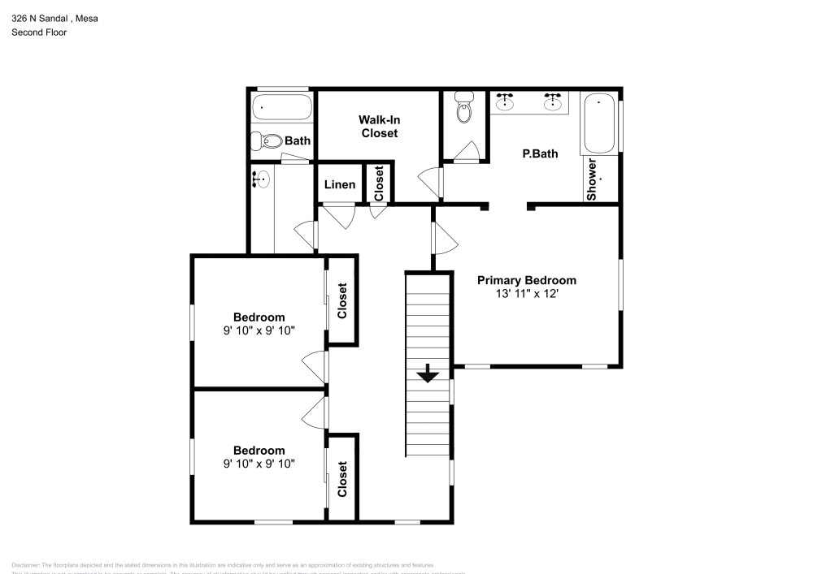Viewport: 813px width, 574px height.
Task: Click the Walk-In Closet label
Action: click(379, 126)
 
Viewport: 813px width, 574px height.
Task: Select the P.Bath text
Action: click(539, 153)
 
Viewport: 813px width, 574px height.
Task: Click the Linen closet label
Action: click(339, 184)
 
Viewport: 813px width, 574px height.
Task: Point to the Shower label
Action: click(593, 179)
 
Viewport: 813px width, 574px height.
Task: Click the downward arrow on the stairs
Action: click(428, 374)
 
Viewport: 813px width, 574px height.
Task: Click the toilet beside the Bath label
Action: click(267, 141)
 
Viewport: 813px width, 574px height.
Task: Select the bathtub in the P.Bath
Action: click(601, 123)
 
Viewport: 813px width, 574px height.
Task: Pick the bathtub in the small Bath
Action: click(281, 106)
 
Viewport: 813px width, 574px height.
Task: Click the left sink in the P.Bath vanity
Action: click(506, 101)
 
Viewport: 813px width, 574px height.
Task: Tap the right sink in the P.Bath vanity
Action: click(554, 101)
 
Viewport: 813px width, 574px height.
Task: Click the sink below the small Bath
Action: click(263, 179)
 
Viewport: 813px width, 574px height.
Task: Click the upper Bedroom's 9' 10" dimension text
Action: click(259, 330)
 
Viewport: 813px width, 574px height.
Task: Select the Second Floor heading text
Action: click(39, 32)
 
